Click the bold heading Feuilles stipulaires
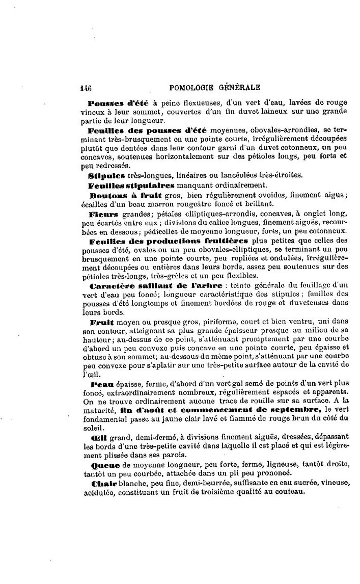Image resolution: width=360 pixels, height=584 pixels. tap(131, 184)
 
